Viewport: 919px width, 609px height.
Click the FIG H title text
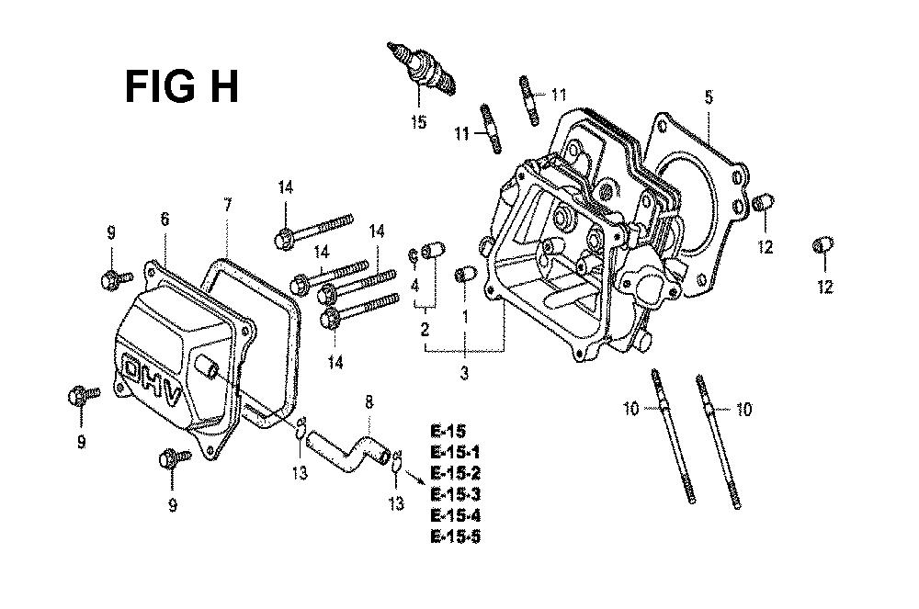[182, 86]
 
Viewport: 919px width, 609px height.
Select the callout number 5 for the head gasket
[709, 96]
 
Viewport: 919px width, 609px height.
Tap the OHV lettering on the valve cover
[152, 380]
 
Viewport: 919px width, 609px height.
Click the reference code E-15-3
[456, 495]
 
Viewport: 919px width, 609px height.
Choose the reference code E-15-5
[456, 536]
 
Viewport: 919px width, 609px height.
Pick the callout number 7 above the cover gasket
[227, 205]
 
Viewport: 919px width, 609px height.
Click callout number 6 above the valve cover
[165, 219]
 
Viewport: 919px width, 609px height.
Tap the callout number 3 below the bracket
[464, 373]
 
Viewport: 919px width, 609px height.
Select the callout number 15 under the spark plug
[418, 122]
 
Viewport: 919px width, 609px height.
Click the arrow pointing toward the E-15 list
[415, 474]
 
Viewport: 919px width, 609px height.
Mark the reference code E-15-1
[456, 453]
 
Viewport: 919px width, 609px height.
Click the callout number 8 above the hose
[369, 403]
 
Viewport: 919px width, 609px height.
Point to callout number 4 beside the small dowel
[414, 287]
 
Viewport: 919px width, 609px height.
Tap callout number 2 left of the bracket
[425, 329]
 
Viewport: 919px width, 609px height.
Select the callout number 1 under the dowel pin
[465, 317]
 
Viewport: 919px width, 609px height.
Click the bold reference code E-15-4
[456, 516]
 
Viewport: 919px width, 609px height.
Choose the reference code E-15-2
[456, 473]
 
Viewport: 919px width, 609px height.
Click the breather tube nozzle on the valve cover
[206, 366]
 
